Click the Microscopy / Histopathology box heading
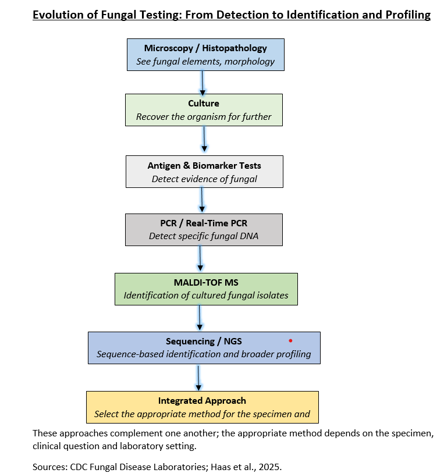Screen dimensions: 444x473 coord(205,48)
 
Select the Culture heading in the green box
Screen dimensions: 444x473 coord(204,103)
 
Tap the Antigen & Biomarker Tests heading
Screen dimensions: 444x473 coord(204,165)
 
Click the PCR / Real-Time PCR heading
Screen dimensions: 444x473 coord(204,223)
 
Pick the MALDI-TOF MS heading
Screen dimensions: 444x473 coord(206,282)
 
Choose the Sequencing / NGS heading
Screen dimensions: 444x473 coord(204,342)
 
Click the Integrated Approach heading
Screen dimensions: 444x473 coord(202,401)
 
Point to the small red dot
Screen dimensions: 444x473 coord(290,340)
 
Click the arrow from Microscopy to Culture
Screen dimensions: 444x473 coord(203,83)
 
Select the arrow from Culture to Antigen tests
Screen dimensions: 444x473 coord(204,139)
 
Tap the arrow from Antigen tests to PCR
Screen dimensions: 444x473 coord(202,200)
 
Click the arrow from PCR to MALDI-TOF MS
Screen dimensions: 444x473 coord(200,258)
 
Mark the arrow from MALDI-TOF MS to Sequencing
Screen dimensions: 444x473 coord(200,317)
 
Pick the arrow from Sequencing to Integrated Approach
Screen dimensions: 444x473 coord(198,378)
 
